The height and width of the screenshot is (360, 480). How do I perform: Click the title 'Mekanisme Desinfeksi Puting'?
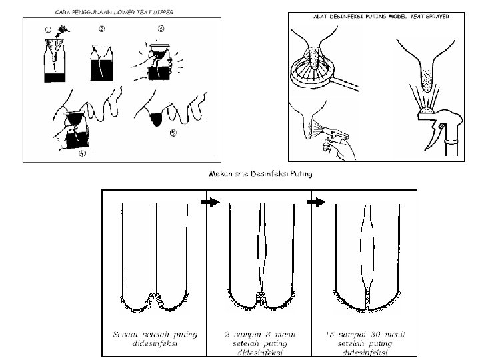(x=261, y=174)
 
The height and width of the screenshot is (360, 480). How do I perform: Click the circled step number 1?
(x=47, y=29)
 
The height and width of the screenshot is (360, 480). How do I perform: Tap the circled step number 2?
(x=101, y=29)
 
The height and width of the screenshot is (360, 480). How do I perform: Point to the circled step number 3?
(x=161, y=28)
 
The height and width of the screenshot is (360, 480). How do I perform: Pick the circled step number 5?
(x=173, y=133)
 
